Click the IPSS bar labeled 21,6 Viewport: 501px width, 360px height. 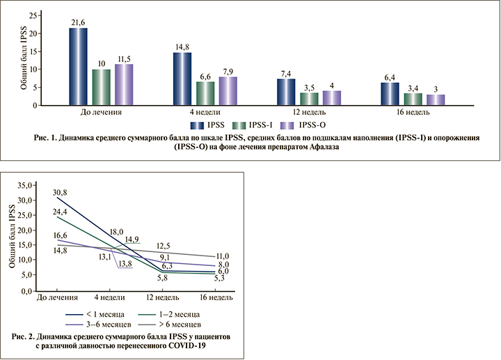click(x=78, y=67)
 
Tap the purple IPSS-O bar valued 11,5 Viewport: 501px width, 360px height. click(x=124, y=84)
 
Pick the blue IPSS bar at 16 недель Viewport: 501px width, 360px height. click(x=390, y=93)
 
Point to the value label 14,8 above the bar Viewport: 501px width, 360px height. click(x=182, y=47)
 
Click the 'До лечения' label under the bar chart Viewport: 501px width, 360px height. click(x=101, y=112)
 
